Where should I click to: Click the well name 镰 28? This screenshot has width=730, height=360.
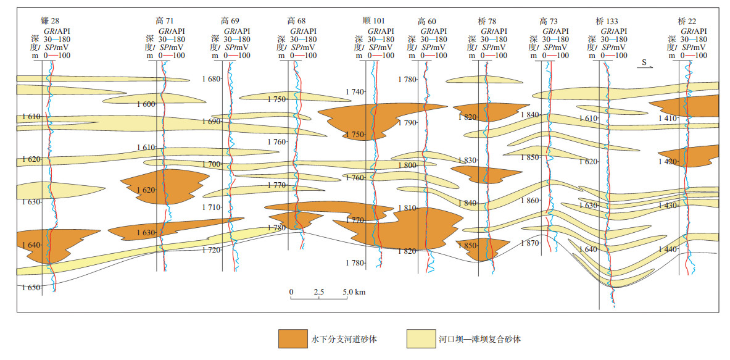[46, 20]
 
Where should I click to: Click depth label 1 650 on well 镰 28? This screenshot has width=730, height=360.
[30, 288]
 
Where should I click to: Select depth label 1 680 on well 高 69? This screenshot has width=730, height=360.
[211, 79]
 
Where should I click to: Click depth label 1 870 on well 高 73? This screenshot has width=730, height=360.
[529, 243]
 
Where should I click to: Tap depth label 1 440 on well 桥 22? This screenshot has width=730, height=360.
[668, 249]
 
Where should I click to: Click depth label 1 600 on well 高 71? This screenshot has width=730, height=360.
[146, 104]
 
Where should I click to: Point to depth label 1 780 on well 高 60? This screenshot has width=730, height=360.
[407, 80]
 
